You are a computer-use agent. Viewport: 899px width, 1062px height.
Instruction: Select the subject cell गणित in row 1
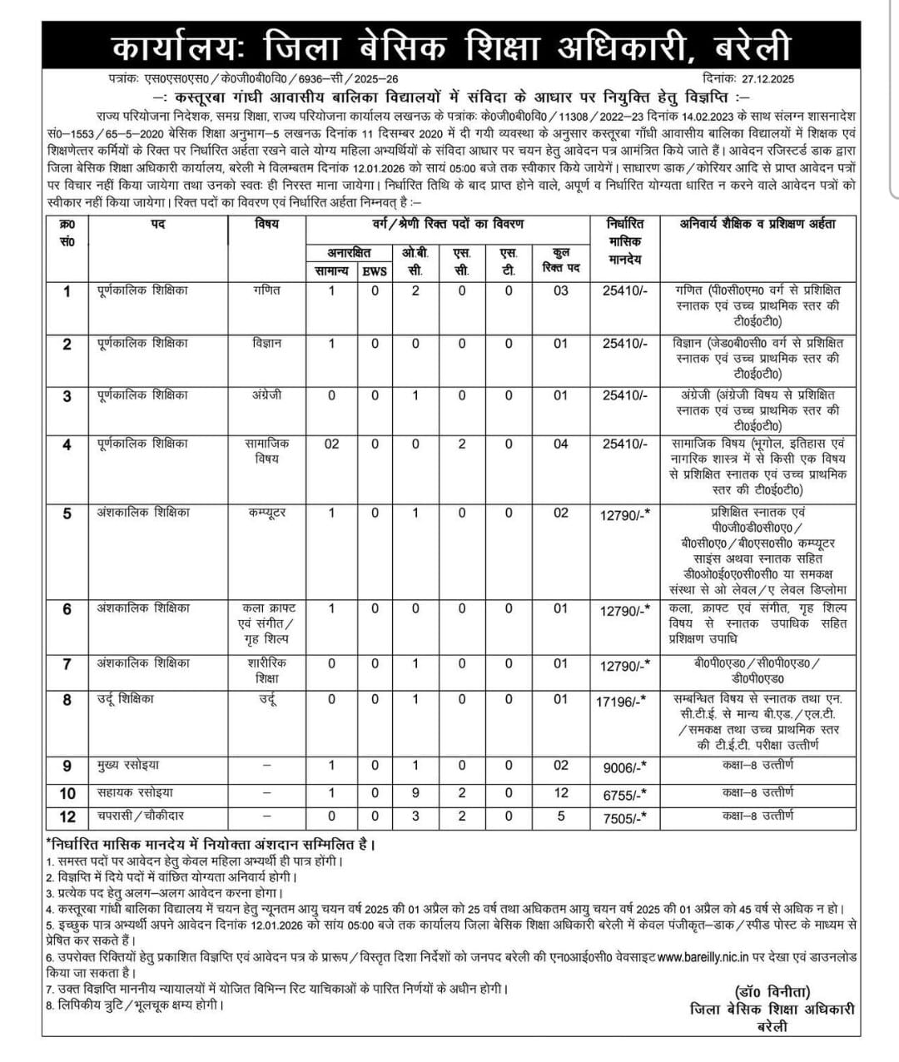[x=266, y=290]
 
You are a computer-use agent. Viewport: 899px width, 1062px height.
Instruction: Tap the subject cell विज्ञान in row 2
[x=266, y=343]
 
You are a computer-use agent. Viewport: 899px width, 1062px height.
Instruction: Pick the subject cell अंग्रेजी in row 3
[x=266, y=395]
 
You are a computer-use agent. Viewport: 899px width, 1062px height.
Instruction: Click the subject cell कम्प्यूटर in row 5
[x=266, y=513]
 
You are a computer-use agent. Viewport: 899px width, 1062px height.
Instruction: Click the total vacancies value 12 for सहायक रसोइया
[x=560, y=793]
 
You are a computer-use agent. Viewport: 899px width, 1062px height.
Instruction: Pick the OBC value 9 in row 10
[x=415, y=793]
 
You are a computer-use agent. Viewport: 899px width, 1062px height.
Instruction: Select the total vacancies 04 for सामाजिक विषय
[x=560, y=444]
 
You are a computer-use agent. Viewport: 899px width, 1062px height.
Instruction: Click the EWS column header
[x=375, y=270]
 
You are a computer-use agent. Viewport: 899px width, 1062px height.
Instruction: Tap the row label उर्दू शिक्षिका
[x=125, y=699]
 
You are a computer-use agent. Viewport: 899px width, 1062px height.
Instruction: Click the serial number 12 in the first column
[x=67, y=817]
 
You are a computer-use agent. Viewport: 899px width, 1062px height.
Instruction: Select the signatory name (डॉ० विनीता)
[x=772, y=992]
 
